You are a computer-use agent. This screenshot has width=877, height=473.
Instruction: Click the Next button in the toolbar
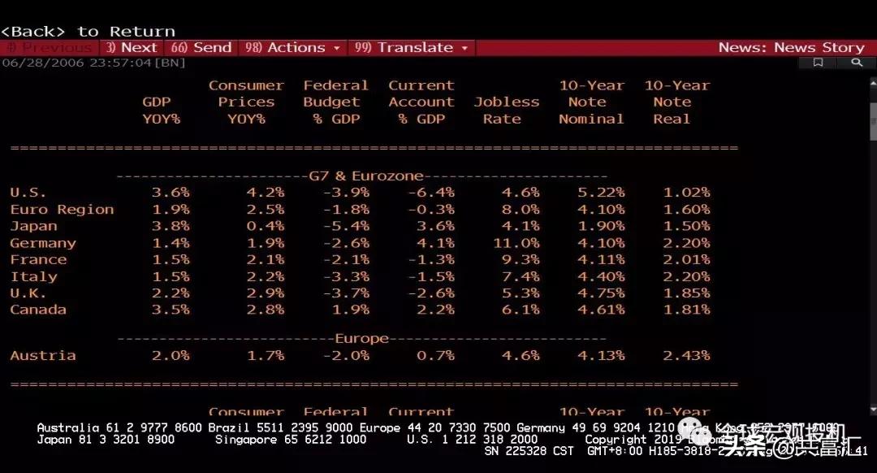click(x=132, y=48)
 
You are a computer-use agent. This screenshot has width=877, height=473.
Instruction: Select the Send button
click(x=201, y=48)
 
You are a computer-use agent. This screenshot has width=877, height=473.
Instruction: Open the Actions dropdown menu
click(x=292, y=48)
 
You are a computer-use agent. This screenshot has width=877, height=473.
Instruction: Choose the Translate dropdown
click(x=413, y=48)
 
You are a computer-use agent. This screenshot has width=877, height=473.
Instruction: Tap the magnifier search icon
click(x=855, y=63)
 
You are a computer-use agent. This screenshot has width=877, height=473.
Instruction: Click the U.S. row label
click(x=28, y=193)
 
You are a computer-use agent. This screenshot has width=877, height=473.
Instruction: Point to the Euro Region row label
click(x=62, y=210)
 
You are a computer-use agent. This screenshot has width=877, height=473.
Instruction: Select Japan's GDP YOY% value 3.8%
click(x=171, y=226)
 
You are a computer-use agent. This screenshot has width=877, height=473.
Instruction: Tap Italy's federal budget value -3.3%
click(x=347, y=276)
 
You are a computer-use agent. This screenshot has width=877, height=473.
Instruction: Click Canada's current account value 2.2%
click(x=432, y=310)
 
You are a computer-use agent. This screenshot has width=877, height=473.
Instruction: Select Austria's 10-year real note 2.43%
click(x=686, y=355)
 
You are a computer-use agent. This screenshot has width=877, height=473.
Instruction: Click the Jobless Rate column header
click(x=506, y=111)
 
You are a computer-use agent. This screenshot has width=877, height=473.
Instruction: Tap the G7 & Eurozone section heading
click(x=366, y=176)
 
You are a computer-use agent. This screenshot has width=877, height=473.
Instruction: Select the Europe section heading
click(x=362, y=338)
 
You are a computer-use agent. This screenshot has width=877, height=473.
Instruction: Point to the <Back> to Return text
click(x=88, y=32)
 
